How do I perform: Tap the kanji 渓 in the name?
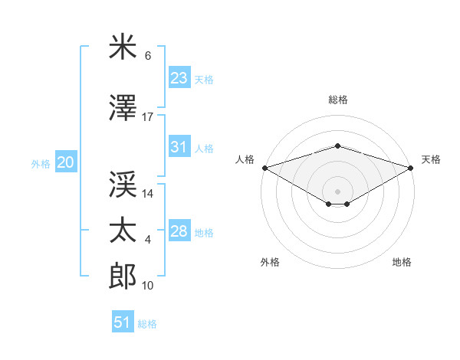[x=123, y=184]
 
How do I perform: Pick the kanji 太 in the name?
[x=123, y=231]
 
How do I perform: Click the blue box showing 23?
[x=179, y=78]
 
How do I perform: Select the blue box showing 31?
[x=179, y=148]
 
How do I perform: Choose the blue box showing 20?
[x=65, y=162]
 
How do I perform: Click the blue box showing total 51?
[x=123, y=322]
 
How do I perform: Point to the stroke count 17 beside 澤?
[x=148, y=117]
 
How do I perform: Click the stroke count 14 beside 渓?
[x=148, y=194]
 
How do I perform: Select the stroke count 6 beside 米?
[x=148, y=56]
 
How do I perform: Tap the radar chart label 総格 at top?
[x=337, y=100]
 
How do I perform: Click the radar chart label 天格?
[x=431, y=159]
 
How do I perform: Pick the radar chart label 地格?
[x=402, y=262]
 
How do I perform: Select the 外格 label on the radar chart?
[x=270, y=262]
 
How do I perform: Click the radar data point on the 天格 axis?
[x=411, y=167]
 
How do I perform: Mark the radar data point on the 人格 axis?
[x=264, y=167]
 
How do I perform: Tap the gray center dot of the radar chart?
[x=337, y=191]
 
